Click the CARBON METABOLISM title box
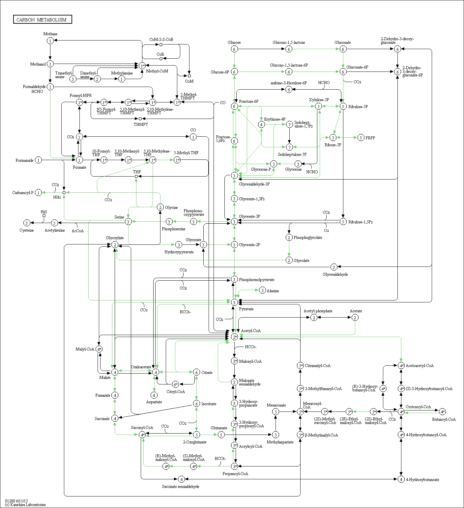42,19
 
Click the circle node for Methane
50,41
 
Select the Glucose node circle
234,49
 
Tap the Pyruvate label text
246,309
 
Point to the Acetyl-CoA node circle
234,337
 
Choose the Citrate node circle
196,372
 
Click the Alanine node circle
262,290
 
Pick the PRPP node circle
361,138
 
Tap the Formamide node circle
39,160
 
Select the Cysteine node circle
27,223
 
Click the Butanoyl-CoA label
444,419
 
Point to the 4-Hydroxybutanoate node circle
401,479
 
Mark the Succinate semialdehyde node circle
181,479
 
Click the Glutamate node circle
221,435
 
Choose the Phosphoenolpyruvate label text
256,280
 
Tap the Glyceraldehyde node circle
334,267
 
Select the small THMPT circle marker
140,119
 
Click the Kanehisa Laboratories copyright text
25,505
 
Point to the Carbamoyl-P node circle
39,192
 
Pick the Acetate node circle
355,317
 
